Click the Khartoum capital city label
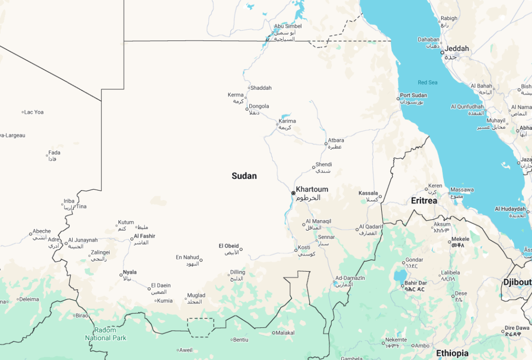click(x=312, y=189)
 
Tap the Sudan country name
click(x=244, y=176)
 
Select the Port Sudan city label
click(x=414, y=96)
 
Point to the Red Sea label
click(x=428, y=83)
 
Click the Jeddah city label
click(x=457, y=49)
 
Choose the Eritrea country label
click(x=424, y=201)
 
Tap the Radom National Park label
click(x=105, y=334)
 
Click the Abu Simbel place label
click(x=288, y=26)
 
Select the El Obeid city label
click(x=229, y=246)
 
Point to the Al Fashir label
click(x=144, y=236)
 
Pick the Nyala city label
click(x=129, y=272)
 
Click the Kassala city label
click(x=368, y=193)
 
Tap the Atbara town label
click(x=336, y=140)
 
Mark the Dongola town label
click(x=259, y=106)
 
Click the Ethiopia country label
click(x=452, y=353)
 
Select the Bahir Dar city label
click(x=415, y=283)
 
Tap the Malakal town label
click(x=285, y=333)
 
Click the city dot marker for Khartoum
click(x=293, y=193)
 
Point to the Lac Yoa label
click(x=34, y=112)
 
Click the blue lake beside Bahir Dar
click(x=400, y=275)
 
